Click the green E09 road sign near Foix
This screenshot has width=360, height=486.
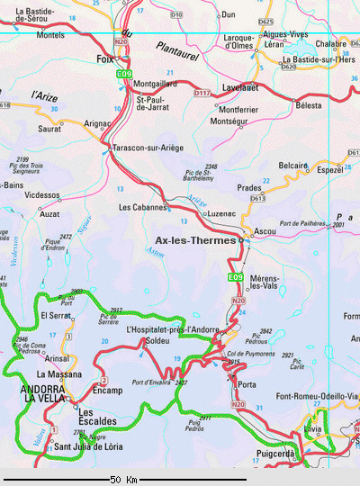[x=125, y=73]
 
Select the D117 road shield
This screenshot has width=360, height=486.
[x=202, y=93]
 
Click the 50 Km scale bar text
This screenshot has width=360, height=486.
[x=123, y=479]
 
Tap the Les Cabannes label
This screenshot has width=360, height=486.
[x=144, y=207]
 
